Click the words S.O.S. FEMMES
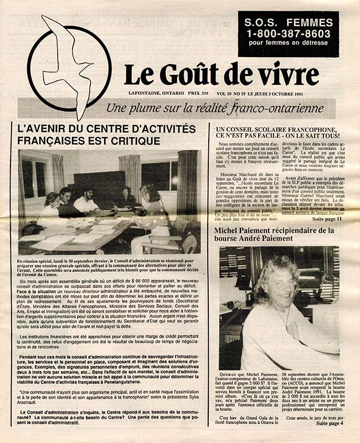click(287, 22)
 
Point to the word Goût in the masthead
click(185, 75)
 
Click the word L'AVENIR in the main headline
click(44, 128)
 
